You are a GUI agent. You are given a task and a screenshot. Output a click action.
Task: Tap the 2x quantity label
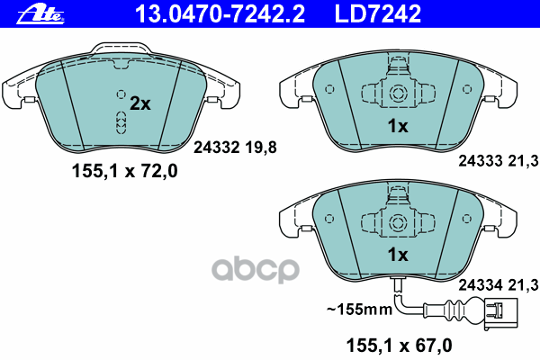pos(139,103)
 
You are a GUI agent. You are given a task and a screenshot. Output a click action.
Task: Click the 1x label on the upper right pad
pos(398,127)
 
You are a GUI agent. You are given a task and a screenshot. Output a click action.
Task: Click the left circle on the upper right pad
pos(328,89)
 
